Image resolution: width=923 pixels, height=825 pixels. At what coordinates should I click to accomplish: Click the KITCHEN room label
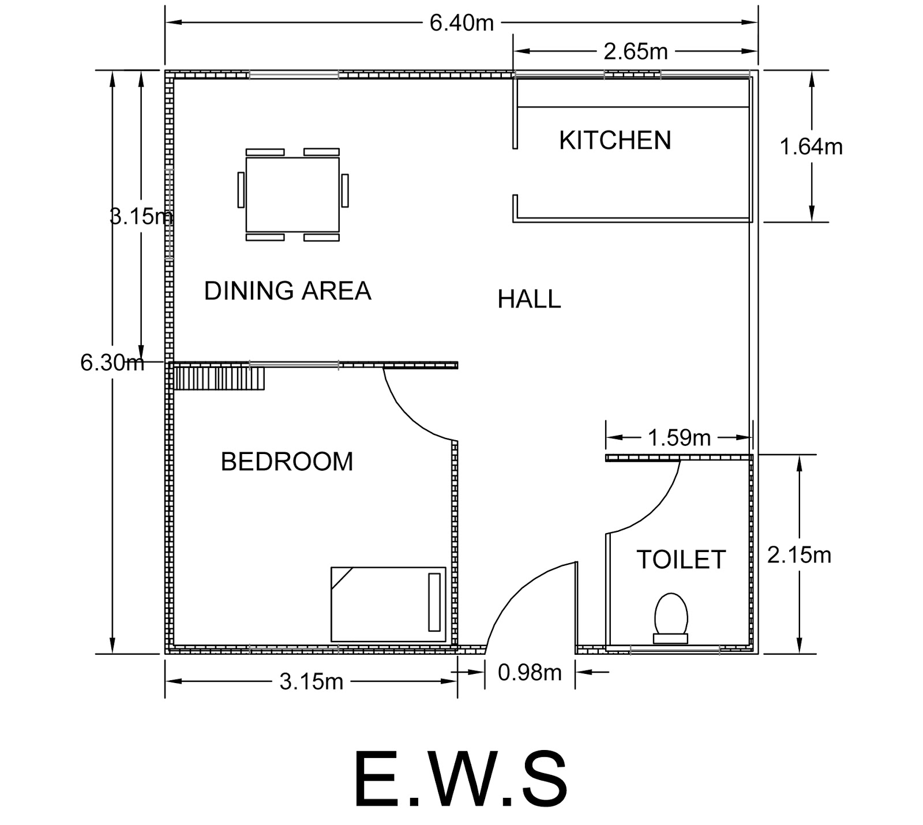pos(615,141)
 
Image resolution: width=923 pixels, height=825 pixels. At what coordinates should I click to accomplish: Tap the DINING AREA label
pos(287,291)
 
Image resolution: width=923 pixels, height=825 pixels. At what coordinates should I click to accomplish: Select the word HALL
pos(529,299)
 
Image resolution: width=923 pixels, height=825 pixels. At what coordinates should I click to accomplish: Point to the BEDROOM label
pos(287,462)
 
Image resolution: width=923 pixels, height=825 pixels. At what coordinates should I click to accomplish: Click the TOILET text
pos(681,560)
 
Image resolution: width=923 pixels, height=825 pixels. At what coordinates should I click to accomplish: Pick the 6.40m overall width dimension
pos(461,23)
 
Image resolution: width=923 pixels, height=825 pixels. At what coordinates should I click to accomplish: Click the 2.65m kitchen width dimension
pos(635,52)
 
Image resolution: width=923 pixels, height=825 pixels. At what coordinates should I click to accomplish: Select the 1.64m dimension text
pos(811,147)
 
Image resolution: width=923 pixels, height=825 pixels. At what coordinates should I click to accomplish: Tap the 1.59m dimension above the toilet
pos(679,438)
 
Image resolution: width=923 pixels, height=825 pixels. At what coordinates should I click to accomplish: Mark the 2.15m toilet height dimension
pos(799,556)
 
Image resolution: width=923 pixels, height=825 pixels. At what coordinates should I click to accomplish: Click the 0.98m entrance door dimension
pos(530,673)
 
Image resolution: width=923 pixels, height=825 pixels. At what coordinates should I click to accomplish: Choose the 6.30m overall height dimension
pos(112,363)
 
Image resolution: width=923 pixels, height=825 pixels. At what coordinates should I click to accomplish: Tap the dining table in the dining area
pos(292,194)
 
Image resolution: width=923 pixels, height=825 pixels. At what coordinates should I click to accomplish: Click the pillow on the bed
pos(434,602)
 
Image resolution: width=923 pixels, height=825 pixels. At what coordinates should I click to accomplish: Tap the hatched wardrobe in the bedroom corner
pos(219,378)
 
